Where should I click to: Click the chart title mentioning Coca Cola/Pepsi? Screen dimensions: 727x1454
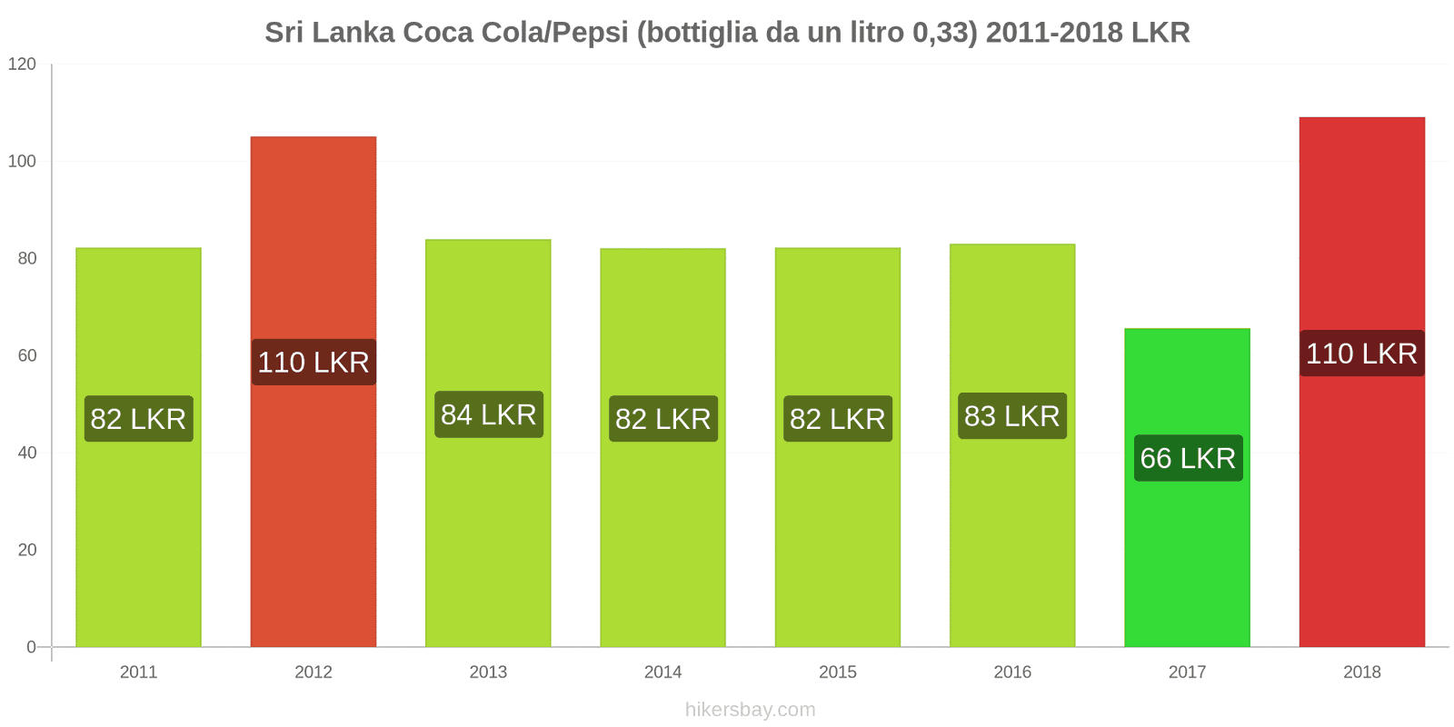727,33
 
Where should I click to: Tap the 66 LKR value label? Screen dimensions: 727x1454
1188,458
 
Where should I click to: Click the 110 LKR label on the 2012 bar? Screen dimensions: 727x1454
314,362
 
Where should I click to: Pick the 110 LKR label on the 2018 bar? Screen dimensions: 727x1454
1361,354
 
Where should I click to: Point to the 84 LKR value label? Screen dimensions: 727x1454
489,414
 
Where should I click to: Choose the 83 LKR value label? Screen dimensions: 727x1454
1011,416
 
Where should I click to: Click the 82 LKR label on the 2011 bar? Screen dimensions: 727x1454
139,419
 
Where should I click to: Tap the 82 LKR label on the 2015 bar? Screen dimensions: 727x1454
837,419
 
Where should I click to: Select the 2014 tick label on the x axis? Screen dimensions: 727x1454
662,672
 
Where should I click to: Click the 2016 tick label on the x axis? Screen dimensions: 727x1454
1012,672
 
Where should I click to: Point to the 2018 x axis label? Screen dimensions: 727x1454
1361,672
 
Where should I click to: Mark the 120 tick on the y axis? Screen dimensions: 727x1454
22,64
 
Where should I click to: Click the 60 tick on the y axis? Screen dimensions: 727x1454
26,355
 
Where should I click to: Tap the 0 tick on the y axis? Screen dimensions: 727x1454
31,647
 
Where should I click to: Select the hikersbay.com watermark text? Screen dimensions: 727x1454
750,709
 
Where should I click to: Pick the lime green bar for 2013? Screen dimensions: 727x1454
488,545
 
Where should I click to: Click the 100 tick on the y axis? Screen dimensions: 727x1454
22,161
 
